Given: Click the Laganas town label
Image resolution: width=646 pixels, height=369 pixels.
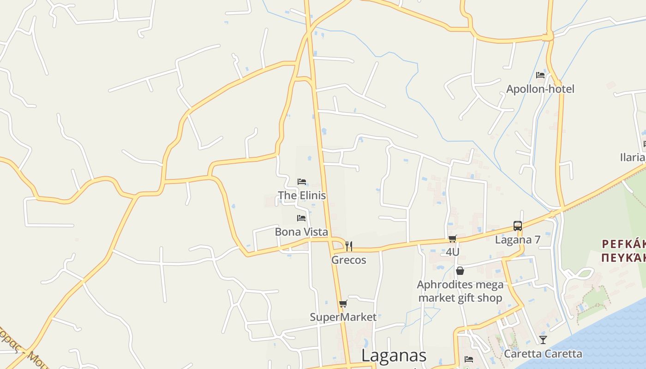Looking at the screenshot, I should coord(394,356).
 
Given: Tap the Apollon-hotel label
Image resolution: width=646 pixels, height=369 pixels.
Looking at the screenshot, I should coord(540,89).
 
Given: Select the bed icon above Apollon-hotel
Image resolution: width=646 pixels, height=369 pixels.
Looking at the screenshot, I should coord(540,75).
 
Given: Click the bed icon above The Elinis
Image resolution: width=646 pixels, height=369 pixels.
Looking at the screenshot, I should coord(302,182).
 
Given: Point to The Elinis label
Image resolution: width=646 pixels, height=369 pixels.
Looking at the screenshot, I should coord(302,196).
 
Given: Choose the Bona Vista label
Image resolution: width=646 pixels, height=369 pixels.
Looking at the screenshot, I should coord(301,232).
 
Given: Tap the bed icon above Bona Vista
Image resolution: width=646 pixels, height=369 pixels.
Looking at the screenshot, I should coord(301,218).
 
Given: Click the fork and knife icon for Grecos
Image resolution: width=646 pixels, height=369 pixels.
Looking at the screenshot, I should coord(349,246).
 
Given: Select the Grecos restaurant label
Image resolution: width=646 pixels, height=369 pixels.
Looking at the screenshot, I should coord(349,260).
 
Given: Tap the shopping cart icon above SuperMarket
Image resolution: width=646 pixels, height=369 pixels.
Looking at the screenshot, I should coord(343,304).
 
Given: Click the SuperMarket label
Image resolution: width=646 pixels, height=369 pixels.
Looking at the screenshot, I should coord(343,317).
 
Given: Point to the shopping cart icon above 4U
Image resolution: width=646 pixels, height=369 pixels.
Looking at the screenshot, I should coord(453,238).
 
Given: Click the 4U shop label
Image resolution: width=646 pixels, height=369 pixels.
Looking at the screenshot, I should coord(453,252).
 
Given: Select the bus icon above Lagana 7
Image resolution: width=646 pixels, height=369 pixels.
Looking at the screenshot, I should coord(518,226).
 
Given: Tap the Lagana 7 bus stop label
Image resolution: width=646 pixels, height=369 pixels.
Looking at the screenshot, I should coord(518,240).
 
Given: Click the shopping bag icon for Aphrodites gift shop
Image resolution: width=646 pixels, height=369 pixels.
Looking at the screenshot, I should coord(460,271).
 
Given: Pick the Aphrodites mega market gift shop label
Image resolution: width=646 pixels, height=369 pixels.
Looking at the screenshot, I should coord(460,292).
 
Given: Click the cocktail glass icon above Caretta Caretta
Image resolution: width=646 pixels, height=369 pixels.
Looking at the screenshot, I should coord(543,340).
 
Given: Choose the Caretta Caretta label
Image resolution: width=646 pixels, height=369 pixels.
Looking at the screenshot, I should coord(543,354).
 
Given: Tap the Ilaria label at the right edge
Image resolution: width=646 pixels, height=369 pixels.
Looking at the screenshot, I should coord(633,157).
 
